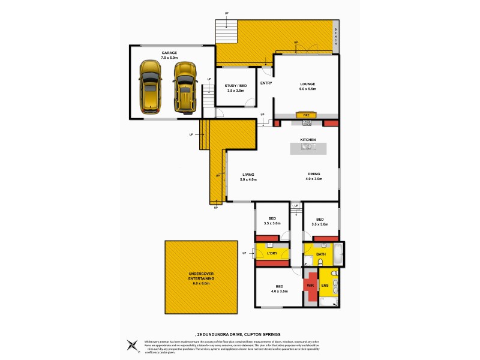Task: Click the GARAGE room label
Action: [x=169, y=53]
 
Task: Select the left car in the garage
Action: [x=149, y=86]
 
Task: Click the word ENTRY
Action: [x=266, y=83]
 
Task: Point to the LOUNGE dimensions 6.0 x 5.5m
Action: [x=308, y=89]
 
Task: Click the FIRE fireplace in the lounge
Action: [x=306, y=115]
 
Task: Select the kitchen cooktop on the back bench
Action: [x=307, y=123]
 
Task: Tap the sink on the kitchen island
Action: [x=308, y=148]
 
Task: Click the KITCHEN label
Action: [x=308, y=140]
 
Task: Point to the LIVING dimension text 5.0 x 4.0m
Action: [x=248, y=179]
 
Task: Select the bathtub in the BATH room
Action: [x=337, y=254]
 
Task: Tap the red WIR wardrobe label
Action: [x=311, y=286]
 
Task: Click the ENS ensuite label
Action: [x=325, y=286]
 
